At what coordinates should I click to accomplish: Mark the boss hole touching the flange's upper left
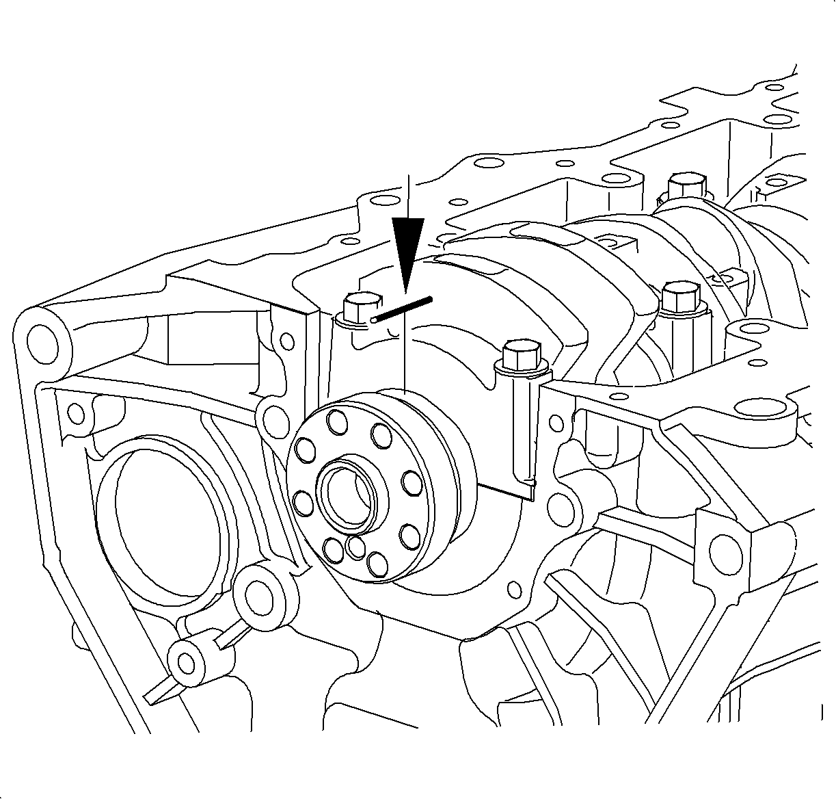tap(274, 416)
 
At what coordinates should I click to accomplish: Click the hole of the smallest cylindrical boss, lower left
tap(185, 662)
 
